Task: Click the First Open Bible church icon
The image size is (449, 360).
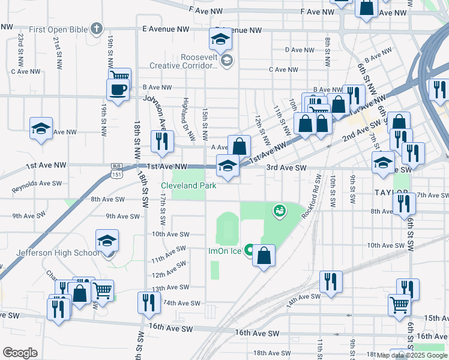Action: [x=96, y=28]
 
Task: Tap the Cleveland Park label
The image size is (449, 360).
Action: [x=188, y=186]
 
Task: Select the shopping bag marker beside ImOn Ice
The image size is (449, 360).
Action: [x=264, y=256]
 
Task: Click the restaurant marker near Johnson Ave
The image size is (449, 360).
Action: [x=161, y=142]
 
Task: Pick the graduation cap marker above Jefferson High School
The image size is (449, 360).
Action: [x=107, y=241]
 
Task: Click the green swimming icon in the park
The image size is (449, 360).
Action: [x=279, y=211]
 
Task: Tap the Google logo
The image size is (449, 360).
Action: [x=20, y=352]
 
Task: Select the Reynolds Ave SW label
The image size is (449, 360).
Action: [x=37, y=184]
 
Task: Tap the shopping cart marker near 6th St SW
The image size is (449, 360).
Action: [x=400, y=304]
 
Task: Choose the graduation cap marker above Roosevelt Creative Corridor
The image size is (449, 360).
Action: [x=220, y=40]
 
